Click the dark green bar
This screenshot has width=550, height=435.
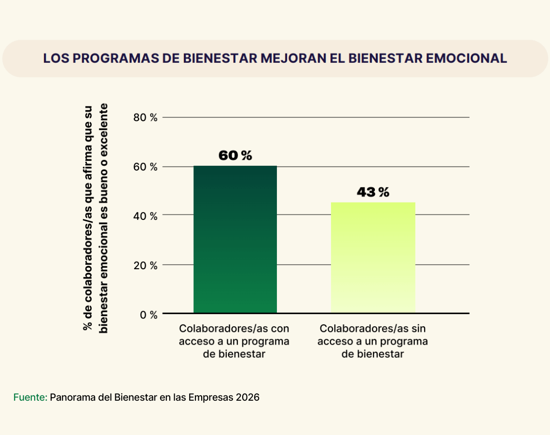(235, 239)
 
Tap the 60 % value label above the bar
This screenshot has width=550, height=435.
(235, 156)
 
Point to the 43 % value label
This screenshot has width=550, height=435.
(372, 192)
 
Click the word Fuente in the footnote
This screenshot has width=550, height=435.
(29, 398)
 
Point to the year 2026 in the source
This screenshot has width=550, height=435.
(248, 398)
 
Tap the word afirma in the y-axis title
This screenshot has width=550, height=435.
(88, 166)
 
